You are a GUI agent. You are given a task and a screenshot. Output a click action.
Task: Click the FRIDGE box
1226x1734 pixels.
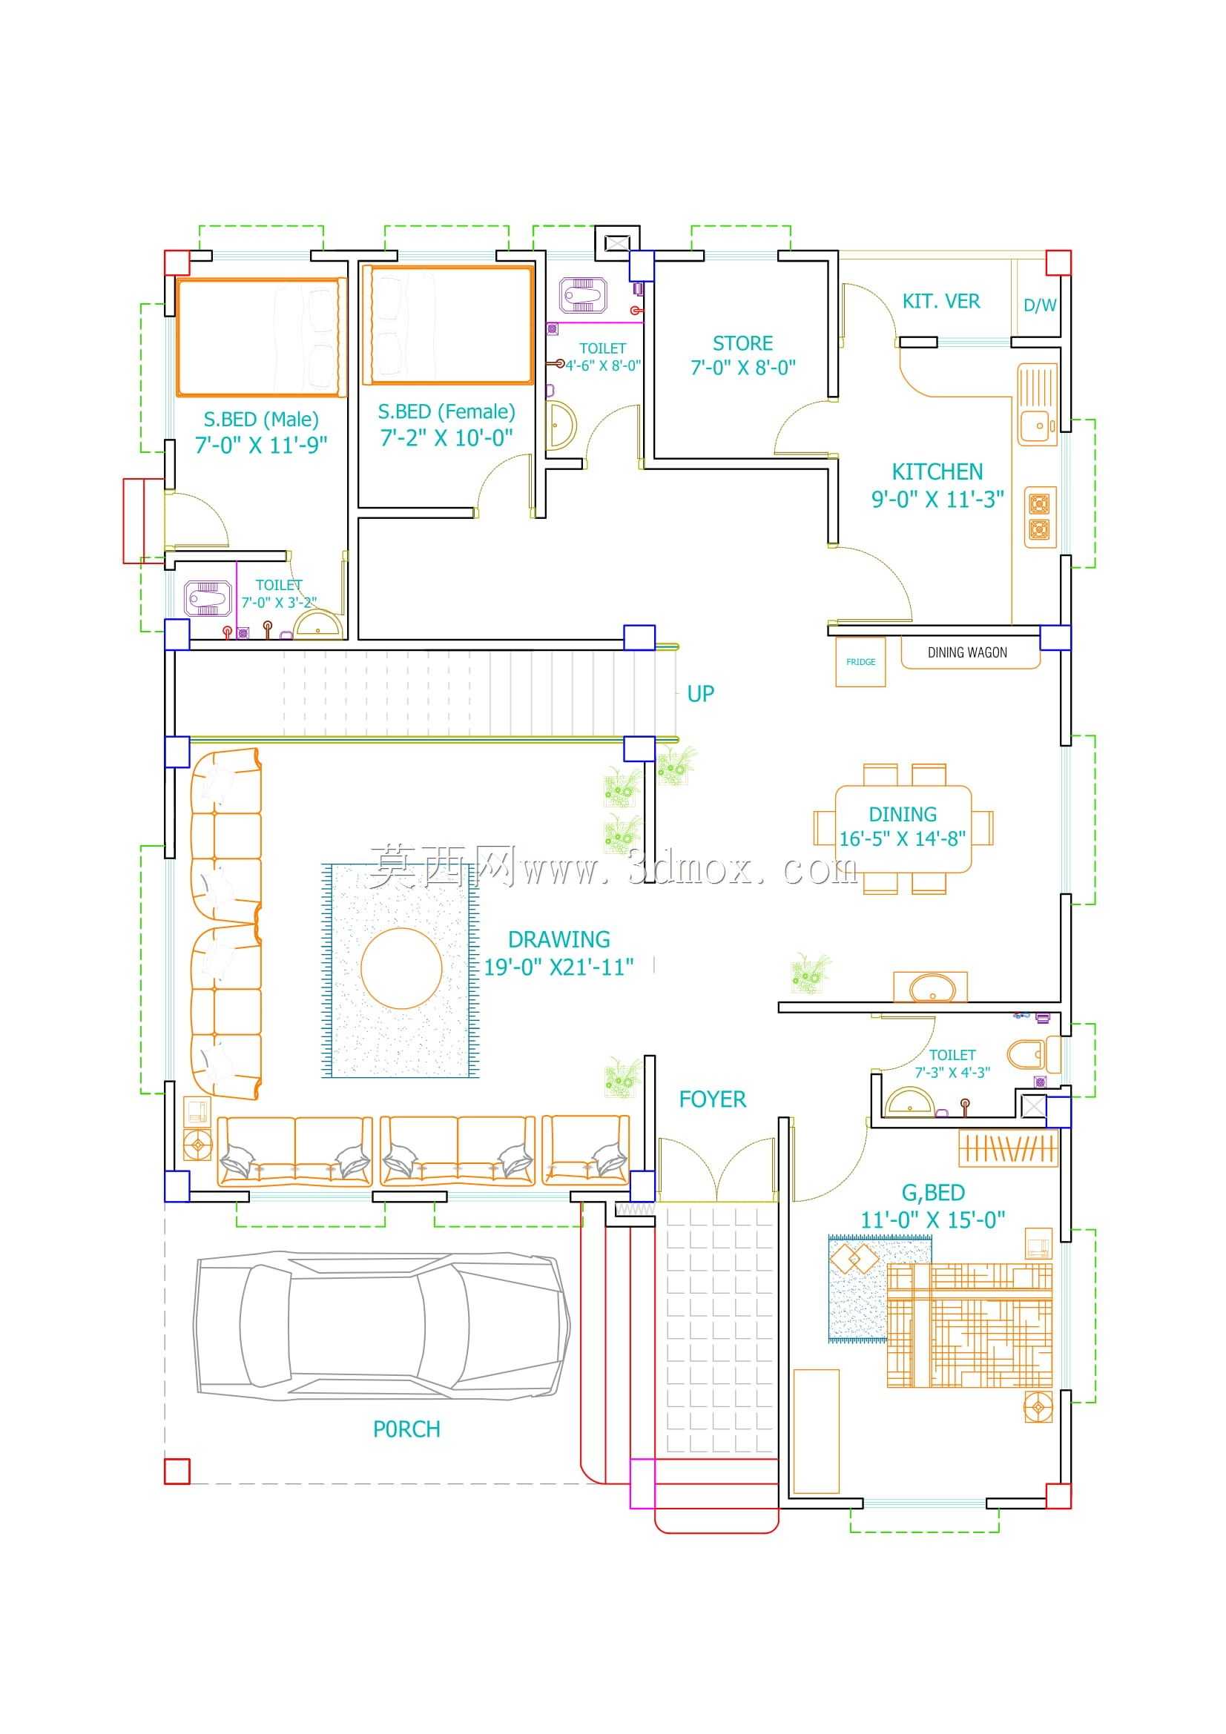[x=860, y=661]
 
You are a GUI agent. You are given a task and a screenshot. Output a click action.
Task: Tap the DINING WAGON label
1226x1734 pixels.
[x=967, y=652]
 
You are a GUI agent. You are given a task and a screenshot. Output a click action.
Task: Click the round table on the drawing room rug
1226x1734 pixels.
[x=401, y=968]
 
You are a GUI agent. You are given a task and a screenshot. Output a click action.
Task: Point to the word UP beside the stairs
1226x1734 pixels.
[x=700, y=693]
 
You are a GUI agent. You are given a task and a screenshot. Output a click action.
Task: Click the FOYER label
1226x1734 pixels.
[x=712, y=1099]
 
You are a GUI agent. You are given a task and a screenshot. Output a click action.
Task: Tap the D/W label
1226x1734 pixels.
[x=1040, y=305]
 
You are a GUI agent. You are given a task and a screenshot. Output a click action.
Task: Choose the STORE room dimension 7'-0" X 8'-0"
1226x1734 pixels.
[x=742, y=368]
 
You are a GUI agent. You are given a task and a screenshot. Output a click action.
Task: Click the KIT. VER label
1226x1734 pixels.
[x=941, y=301]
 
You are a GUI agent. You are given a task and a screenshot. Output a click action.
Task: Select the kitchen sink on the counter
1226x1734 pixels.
[x=1037, y=405]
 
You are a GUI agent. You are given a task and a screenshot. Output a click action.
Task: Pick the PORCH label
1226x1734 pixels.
[x=406, y=1429]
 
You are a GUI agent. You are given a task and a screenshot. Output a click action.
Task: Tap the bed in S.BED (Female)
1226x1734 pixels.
[x=448, y=325]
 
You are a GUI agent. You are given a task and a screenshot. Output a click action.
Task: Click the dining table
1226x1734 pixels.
[x=903, y=830]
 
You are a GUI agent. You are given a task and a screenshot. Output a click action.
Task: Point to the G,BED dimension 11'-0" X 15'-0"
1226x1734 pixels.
[x=933, y=1220]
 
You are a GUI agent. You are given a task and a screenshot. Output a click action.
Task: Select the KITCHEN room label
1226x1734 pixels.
[x=937, y=472]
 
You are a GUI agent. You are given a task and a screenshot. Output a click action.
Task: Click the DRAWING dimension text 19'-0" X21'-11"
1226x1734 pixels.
[x=558, y=967]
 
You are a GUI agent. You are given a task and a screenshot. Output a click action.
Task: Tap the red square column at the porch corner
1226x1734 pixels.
[x=177, y=1471]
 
